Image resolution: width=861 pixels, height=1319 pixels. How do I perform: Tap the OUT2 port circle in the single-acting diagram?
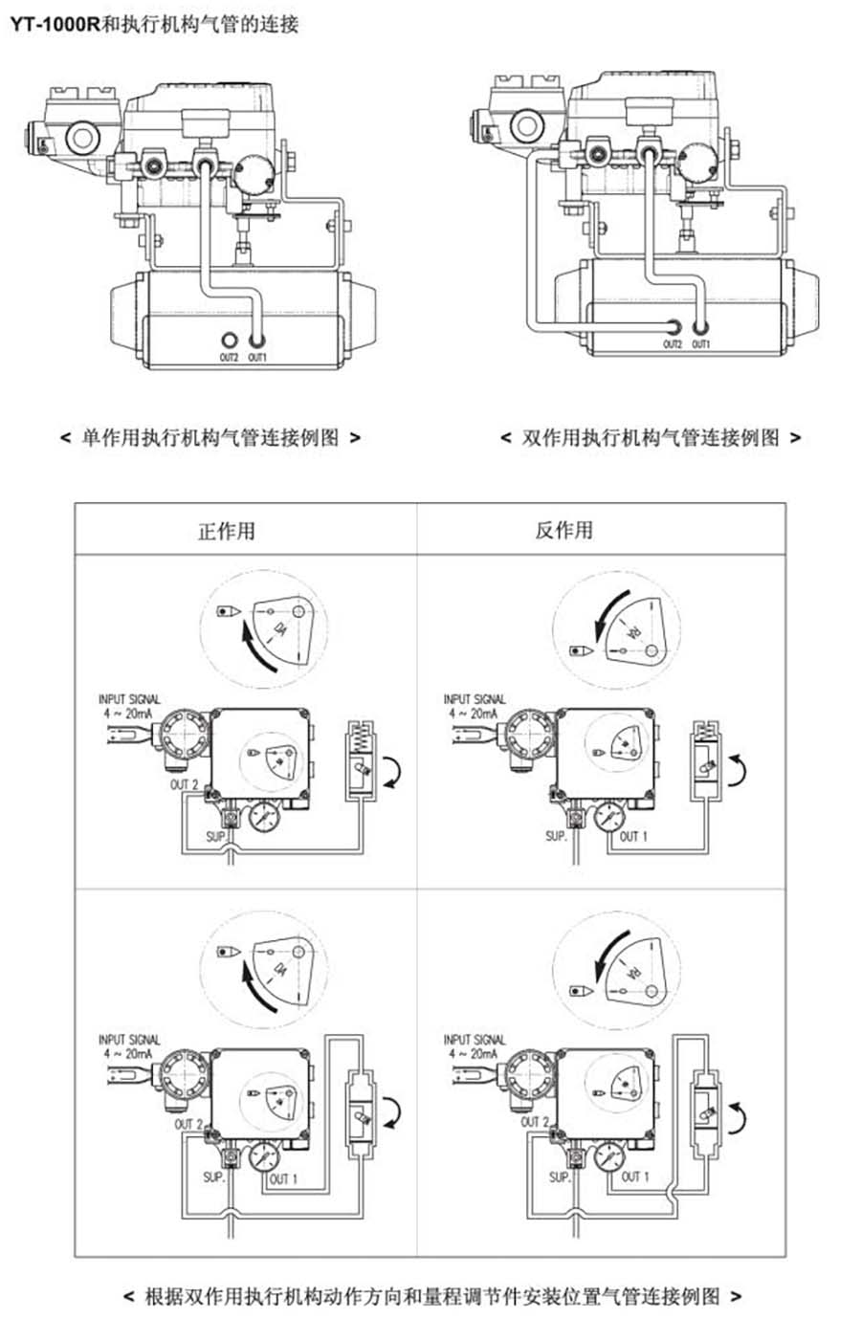[x=229, y=341]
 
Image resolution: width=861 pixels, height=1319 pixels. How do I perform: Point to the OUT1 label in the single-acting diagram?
[x=257, y=358]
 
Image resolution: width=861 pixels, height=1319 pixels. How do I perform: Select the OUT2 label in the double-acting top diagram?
[x=673, y=344]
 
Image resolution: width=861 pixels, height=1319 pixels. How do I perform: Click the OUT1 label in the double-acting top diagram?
[x=701, y=344]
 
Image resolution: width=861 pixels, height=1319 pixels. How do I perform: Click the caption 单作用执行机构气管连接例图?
[x=210, y=438]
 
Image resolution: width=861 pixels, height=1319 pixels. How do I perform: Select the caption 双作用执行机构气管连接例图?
[x=651, y=438]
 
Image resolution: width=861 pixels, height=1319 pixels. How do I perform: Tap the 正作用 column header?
[x=227, y=530]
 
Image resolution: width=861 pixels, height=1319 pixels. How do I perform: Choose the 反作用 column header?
[x=563, y=530]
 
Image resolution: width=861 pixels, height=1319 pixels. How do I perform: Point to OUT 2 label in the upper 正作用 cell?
[x=185, y=785]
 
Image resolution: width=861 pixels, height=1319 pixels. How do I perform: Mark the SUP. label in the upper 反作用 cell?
[x=556, y=836]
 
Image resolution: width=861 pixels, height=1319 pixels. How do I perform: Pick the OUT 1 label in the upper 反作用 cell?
[x=633, y=836]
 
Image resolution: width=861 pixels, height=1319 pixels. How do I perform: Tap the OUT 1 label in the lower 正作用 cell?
[x=283, y=1179]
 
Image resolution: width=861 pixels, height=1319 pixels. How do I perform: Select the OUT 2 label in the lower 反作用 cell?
[x=535, y=1122]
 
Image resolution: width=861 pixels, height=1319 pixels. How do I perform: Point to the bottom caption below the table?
[x=431, y=1296]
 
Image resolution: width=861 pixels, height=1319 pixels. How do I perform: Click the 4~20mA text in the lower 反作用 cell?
[x=474, y=1053]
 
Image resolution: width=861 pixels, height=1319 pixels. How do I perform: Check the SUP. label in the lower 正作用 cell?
[x=214, y=1176]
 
